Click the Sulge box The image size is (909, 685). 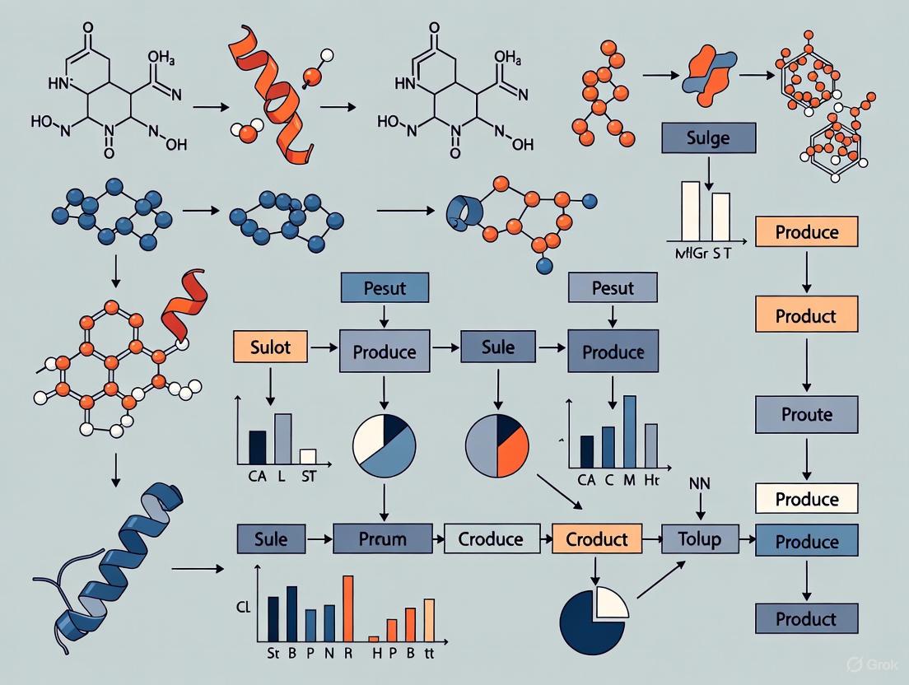[x=708, y=137]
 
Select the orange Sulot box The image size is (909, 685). [x=271, y=347]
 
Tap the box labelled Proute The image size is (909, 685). [x=806, y=414]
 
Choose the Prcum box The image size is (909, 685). [x=383, y=539]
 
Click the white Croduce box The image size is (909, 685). [x=490, y=539]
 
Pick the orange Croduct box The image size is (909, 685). [x=597, y=539]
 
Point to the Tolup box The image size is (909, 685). [x=698, y=539]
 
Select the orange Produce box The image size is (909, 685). [x=806, y=232]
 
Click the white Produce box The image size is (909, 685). [x=806, y=499]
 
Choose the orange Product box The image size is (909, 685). [x=806, y=315]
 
